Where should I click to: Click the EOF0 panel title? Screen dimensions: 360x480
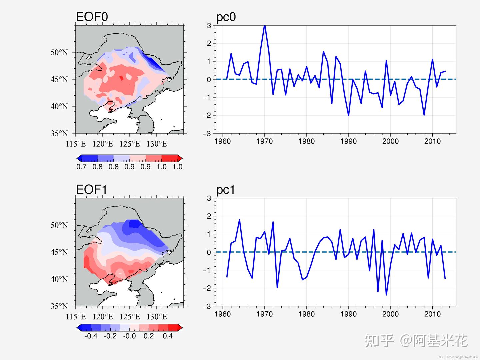pos(92,17)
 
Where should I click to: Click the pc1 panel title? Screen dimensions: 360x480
pos(225,190)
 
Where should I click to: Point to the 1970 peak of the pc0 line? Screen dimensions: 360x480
pos(265,26)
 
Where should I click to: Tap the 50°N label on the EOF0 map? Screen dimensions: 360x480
pos(59,52)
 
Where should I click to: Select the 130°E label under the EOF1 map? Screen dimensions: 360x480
pos(157,317)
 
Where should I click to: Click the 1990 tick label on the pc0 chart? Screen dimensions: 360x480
pos(348,141)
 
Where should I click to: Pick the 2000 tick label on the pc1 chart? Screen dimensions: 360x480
pos(390,314)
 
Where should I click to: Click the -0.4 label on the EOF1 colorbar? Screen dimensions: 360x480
pos(91,336)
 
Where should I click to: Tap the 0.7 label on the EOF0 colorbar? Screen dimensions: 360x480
pos(81,167)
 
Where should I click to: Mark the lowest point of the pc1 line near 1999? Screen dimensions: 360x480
pos(386,295)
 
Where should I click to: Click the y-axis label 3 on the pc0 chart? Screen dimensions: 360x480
pos(209,25)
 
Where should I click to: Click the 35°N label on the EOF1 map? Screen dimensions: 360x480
pos(59,306)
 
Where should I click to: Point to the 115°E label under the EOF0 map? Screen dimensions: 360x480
pos(76,144)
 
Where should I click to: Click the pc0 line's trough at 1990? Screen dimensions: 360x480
pos(348,115)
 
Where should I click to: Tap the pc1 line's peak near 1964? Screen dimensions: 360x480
pos(239,220)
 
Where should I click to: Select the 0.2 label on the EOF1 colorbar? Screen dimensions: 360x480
pos(149,336)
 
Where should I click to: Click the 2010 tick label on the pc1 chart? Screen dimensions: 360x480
pos(432,314)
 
